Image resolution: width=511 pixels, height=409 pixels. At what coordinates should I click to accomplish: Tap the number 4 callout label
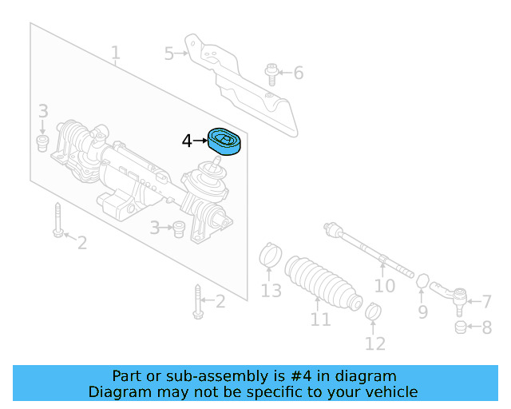(187, 141)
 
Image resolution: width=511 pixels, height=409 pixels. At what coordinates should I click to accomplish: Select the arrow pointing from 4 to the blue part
(200, 141)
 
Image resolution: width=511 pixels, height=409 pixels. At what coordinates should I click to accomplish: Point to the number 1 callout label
(116, 54)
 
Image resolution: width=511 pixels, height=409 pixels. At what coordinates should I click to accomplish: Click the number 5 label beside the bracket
(168, 54)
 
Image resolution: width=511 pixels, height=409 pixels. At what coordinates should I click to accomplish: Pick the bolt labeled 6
(271, 73)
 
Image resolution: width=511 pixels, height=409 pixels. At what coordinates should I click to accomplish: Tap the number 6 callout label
(299, 73)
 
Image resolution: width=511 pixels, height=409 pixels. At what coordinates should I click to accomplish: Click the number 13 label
(271, 290)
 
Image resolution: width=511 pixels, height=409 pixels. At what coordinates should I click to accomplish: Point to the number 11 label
(320, 320)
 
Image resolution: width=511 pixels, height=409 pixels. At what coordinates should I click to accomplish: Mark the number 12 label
(374, 344)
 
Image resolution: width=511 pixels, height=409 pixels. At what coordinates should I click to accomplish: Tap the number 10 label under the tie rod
(385, 285)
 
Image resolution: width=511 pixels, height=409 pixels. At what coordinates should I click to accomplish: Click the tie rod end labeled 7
(456, 300)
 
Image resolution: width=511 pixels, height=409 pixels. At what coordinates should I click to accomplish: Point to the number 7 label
(486, 301)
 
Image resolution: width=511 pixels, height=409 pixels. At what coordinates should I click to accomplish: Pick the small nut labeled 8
(460, 327)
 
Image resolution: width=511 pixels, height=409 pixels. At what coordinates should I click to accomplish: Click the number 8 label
(486, 327)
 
